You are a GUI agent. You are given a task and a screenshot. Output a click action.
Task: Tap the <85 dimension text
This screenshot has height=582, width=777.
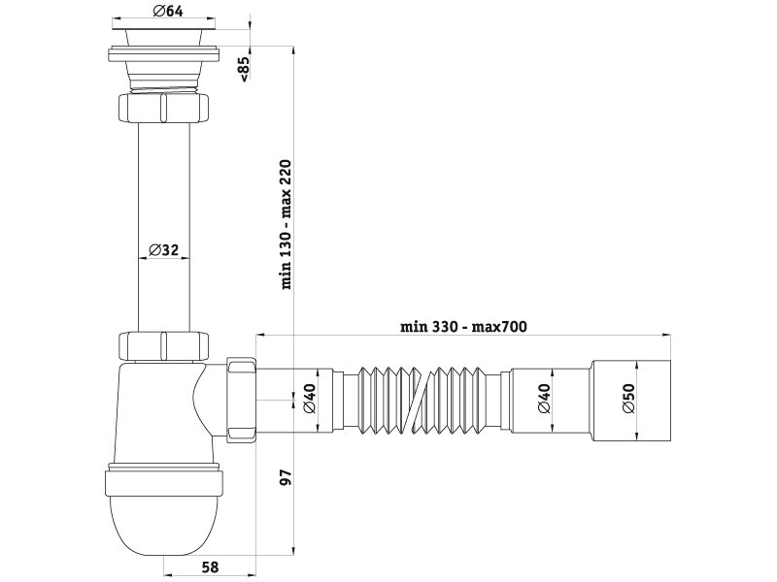pos(245,70)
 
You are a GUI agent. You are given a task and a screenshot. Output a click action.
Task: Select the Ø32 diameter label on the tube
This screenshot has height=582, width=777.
pos(163,250)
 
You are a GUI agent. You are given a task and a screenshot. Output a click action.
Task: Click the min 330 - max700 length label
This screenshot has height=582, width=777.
pos(462,327)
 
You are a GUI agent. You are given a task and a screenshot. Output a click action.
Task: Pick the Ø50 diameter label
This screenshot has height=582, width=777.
pos(628,398)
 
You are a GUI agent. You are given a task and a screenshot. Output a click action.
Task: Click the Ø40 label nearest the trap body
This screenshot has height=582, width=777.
pos(310,398)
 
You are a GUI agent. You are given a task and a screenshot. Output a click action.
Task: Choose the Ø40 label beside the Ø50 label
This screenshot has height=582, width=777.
pos(545,398)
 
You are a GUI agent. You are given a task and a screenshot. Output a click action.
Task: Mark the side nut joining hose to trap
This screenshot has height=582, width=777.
pos(241,400)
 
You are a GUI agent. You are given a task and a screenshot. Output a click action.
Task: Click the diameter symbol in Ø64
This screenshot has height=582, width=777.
pos(157,12)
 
